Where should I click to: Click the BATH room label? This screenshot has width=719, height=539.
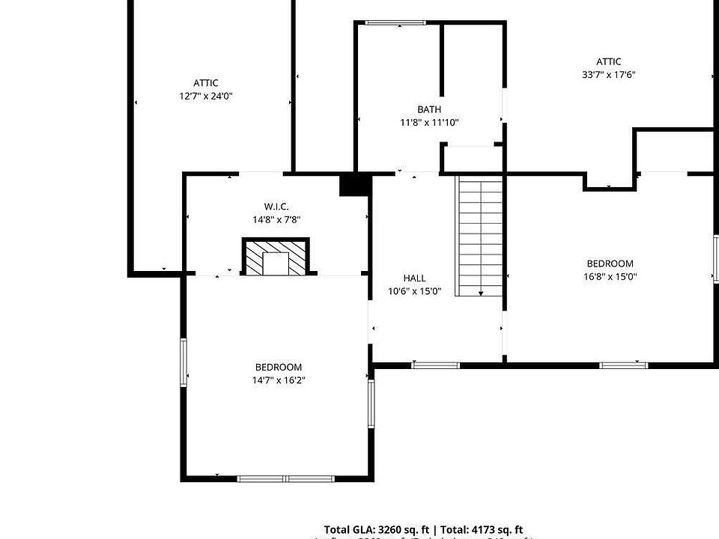[x=429, y=110]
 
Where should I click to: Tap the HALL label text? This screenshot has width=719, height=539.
[x=414, y=278]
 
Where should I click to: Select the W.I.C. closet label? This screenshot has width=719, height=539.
[x=276, y=207]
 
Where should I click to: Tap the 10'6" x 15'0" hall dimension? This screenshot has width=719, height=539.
[x=414, y=291]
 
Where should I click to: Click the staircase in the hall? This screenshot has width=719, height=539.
[x=480, y=236]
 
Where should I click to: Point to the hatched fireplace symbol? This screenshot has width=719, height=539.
[x=276, y=257]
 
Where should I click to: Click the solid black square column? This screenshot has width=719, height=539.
[x=354, y=184]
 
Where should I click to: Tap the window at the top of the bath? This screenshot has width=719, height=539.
[x=395, y=23]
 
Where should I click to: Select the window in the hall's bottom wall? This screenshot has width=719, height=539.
[x=435, y=365]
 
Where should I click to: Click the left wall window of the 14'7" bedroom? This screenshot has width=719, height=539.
[x=183, y=363]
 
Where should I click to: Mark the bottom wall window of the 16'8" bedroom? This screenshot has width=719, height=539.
[x=624, y=365]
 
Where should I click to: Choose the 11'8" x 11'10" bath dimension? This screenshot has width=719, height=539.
[x=429, y=123]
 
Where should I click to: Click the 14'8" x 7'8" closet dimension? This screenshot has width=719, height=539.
[x=276, y=219]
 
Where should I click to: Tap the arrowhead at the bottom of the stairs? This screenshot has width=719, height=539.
[x=480, y=293]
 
